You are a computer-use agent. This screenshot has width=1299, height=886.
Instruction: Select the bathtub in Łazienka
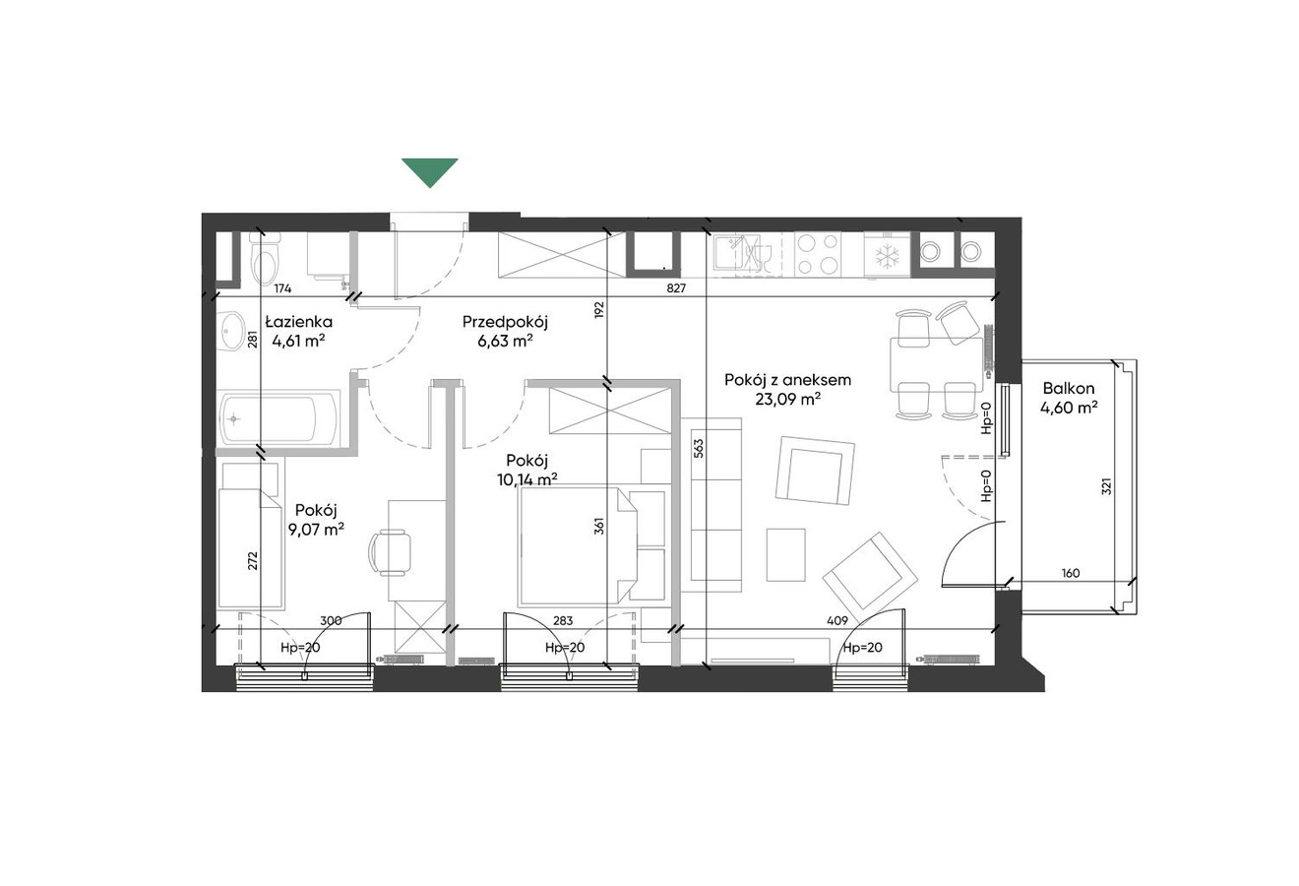point(278,419)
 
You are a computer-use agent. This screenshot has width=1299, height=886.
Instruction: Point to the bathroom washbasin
point(232,332)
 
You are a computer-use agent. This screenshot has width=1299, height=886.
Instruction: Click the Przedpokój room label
point(505,322)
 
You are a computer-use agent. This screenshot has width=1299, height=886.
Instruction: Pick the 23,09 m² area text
point(787,400)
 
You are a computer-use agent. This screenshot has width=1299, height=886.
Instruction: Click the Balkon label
point(1068,388)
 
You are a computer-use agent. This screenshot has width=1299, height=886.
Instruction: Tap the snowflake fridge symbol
point(887,257)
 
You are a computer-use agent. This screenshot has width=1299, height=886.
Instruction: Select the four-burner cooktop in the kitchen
point(818,254)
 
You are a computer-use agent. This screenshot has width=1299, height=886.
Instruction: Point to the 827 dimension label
point(676,287)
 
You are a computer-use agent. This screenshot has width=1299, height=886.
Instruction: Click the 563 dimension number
point(699,449)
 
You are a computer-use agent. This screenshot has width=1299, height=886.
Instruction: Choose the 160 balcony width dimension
point(1071,573)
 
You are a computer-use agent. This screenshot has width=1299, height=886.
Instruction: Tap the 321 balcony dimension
point(1106,485)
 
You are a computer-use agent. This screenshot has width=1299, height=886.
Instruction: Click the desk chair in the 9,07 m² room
point(390,551)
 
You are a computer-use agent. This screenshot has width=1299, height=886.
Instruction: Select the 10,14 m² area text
point(527,479)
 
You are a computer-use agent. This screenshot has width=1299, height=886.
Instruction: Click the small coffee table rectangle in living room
point(785,554)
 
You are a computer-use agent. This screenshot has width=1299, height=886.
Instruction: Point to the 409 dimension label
point(837,621)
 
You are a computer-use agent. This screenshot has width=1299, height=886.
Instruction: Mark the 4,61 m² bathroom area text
point(298,341)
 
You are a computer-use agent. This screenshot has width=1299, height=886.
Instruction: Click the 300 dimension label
point(331,621)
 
